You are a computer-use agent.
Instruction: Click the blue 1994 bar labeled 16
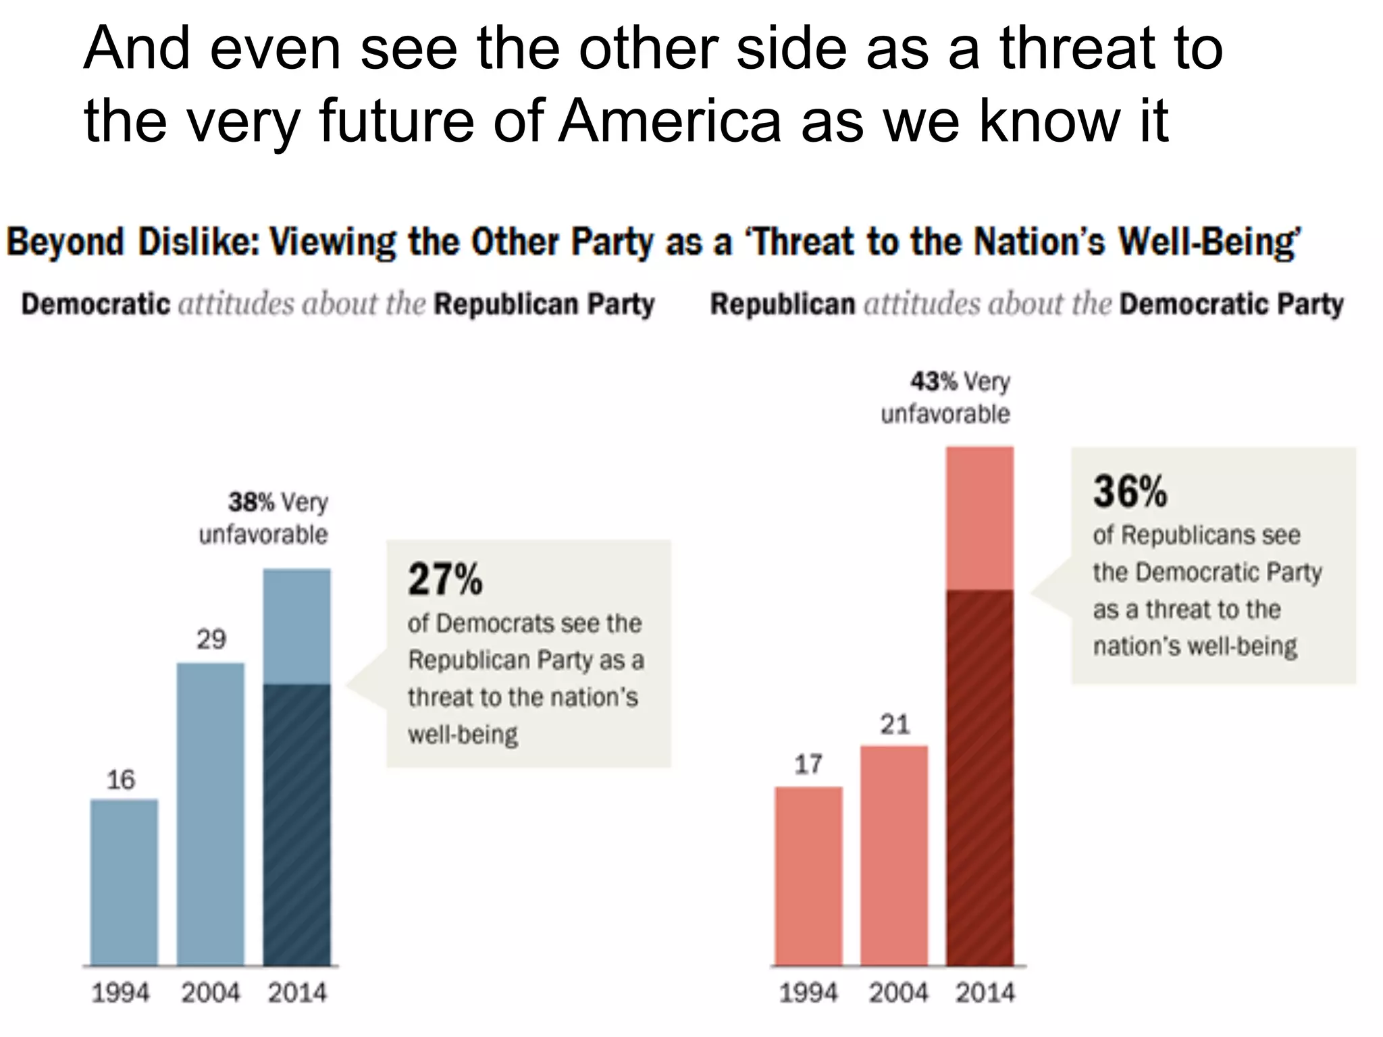pos(124,882)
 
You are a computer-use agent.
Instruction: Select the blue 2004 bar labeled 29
pos(211,814)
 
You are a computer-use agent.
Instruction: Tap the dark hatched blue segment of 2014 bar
pos(296,824)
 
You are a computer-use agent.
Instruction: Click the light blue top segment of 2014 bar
pos(296,626)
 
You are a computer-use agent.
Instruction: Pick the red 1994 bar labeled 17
pos(808,876)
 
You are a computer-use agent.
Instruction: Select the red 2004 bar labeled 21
pos(894,855)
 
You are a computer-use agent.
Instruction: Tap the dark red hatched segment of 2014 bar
pos(980,776)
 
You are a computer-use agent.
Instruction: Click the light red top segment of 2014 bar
pos(980,518)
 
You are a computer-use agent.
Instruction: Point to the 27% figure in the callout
pos(445,579)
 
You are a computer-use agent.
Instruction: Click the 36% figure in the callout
pos(1130,491)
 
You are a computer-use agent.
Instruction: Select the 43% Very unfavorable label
pos(946,398)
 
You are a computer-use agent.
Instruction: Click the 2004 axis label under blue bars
pos(210,992)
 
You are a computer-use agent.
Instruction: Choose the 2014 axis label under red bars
pos(985,992)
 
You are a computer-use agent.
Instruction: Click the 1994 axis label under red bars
pos(808,992)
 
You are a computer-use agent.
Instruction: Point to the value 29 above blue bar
pos(211,639)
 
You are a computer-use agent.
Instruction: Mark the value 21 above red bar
pos(895,724)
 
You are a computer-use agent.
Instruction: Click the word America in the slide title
pos(669,122)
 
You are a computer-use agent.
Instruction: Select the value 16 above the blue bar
pos(121,780)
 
